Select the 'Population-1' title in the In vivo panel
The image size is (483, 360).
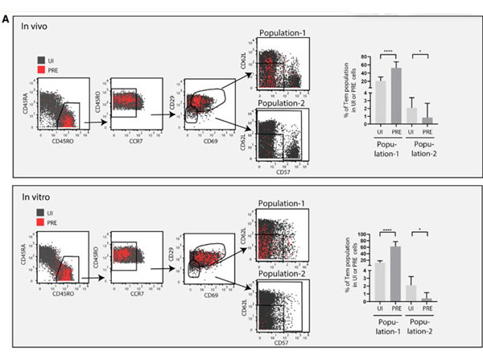pyautogui.click(x=284, y=35)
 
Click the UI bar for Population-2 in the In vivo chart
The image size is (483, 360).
pyautogui.click(x=412, y=114)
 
